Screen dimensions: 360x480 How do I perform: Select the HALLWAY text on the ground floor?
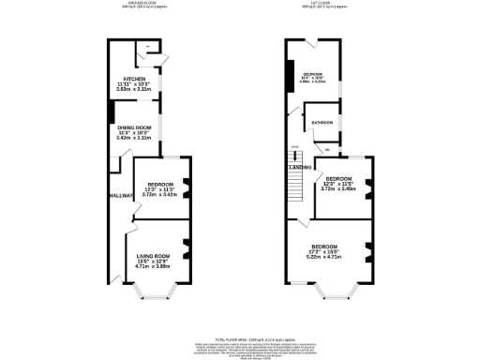[119, 195]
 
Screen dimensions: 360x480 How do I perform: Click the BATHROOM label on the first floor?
[322, 122]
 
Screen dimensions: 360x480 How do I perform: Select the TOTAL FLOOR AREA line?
[234, 335]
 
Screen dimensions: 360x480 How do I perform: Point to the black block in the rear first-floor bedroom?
[291, 72]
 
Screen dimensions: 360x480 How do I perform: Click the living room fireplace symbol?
[187, 248]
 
